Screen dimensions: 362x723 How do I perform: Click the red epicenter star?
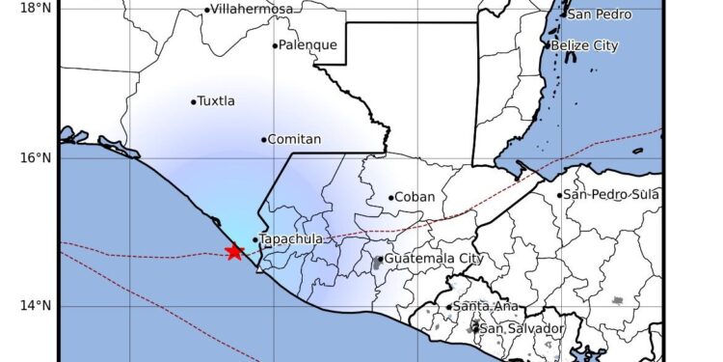tap(233, 252)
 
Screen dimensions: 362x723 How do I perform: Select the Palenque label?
tap(308, 45)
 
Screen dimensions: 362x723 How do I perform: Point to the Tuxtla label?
tap(216, 101)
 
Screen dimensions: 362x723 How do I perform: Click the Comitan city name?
tap(294, 140)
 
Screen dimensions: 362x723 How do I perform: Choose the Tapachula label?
tap(291, 239)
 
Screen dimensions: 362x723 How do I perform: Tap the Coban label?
tap(415, 198)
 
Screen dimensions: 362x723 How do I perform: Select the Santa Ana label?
tap(486, 307)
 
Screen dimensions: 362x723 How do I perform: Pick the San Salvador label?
tap(522, 329)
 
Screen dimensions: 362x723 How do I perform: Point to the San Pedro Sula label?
tap(612, 195)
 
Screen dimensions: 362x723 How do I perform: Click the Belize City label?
tap(585, 45)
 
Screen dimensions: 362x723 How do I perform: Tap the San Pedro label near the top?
tap(600, 14)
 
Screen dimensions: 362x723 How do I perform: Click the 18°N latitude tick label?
tap(36, 9)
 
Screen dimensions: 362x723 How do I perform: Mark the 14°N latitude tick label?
tap(36, 306)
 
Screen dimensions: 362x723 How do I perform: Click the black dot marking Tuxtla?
tap(194, 101)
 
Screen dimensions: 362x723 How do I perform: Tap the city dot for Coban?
tap(391, 198)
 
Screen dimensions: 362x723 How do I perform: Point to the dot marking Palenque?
tap(275, 45)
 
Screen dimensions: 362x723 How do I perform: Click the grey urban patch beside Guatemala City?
tap(376, 262)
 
